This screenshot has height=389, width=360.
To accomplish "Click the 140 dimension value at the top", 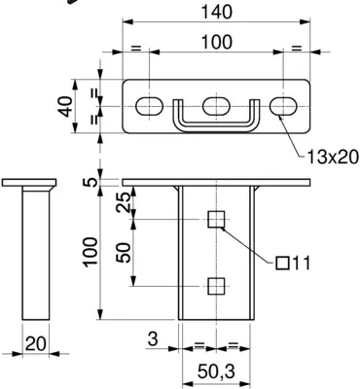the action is pyautogui.click(x=217, y=12).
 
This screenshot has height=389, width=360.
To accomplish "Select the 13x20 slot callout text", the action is pyautogui.click(x=333, y=158).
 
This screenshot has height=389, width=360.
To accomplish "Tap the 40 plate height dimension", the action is pyautogui.click(x=66, y=106).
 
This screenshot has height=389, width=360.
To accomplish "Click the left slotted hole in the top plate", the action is pyautogui.click(x=149, y=106).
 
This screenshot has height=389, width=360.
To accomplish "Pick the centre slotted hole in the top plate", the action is pyautogui.click(x=216, y=106).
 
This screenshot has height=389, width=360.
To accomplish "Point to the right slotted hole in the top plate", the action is pyautogui.click(x=283, y=106).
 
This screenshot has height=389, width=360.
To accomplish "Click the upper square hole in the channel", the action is pyautogui.click(x=216, y=219).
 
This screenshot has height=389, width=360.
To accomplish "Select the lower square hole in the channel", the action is pyautogui.click(x=216, y=286).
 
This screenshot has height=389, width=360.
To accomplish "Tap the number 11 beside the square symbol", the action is pyautogui.click(x=301, y=263).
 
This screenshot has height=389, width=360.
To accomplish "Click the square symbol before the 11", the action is pyautogui.click(x=283, y=264).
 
